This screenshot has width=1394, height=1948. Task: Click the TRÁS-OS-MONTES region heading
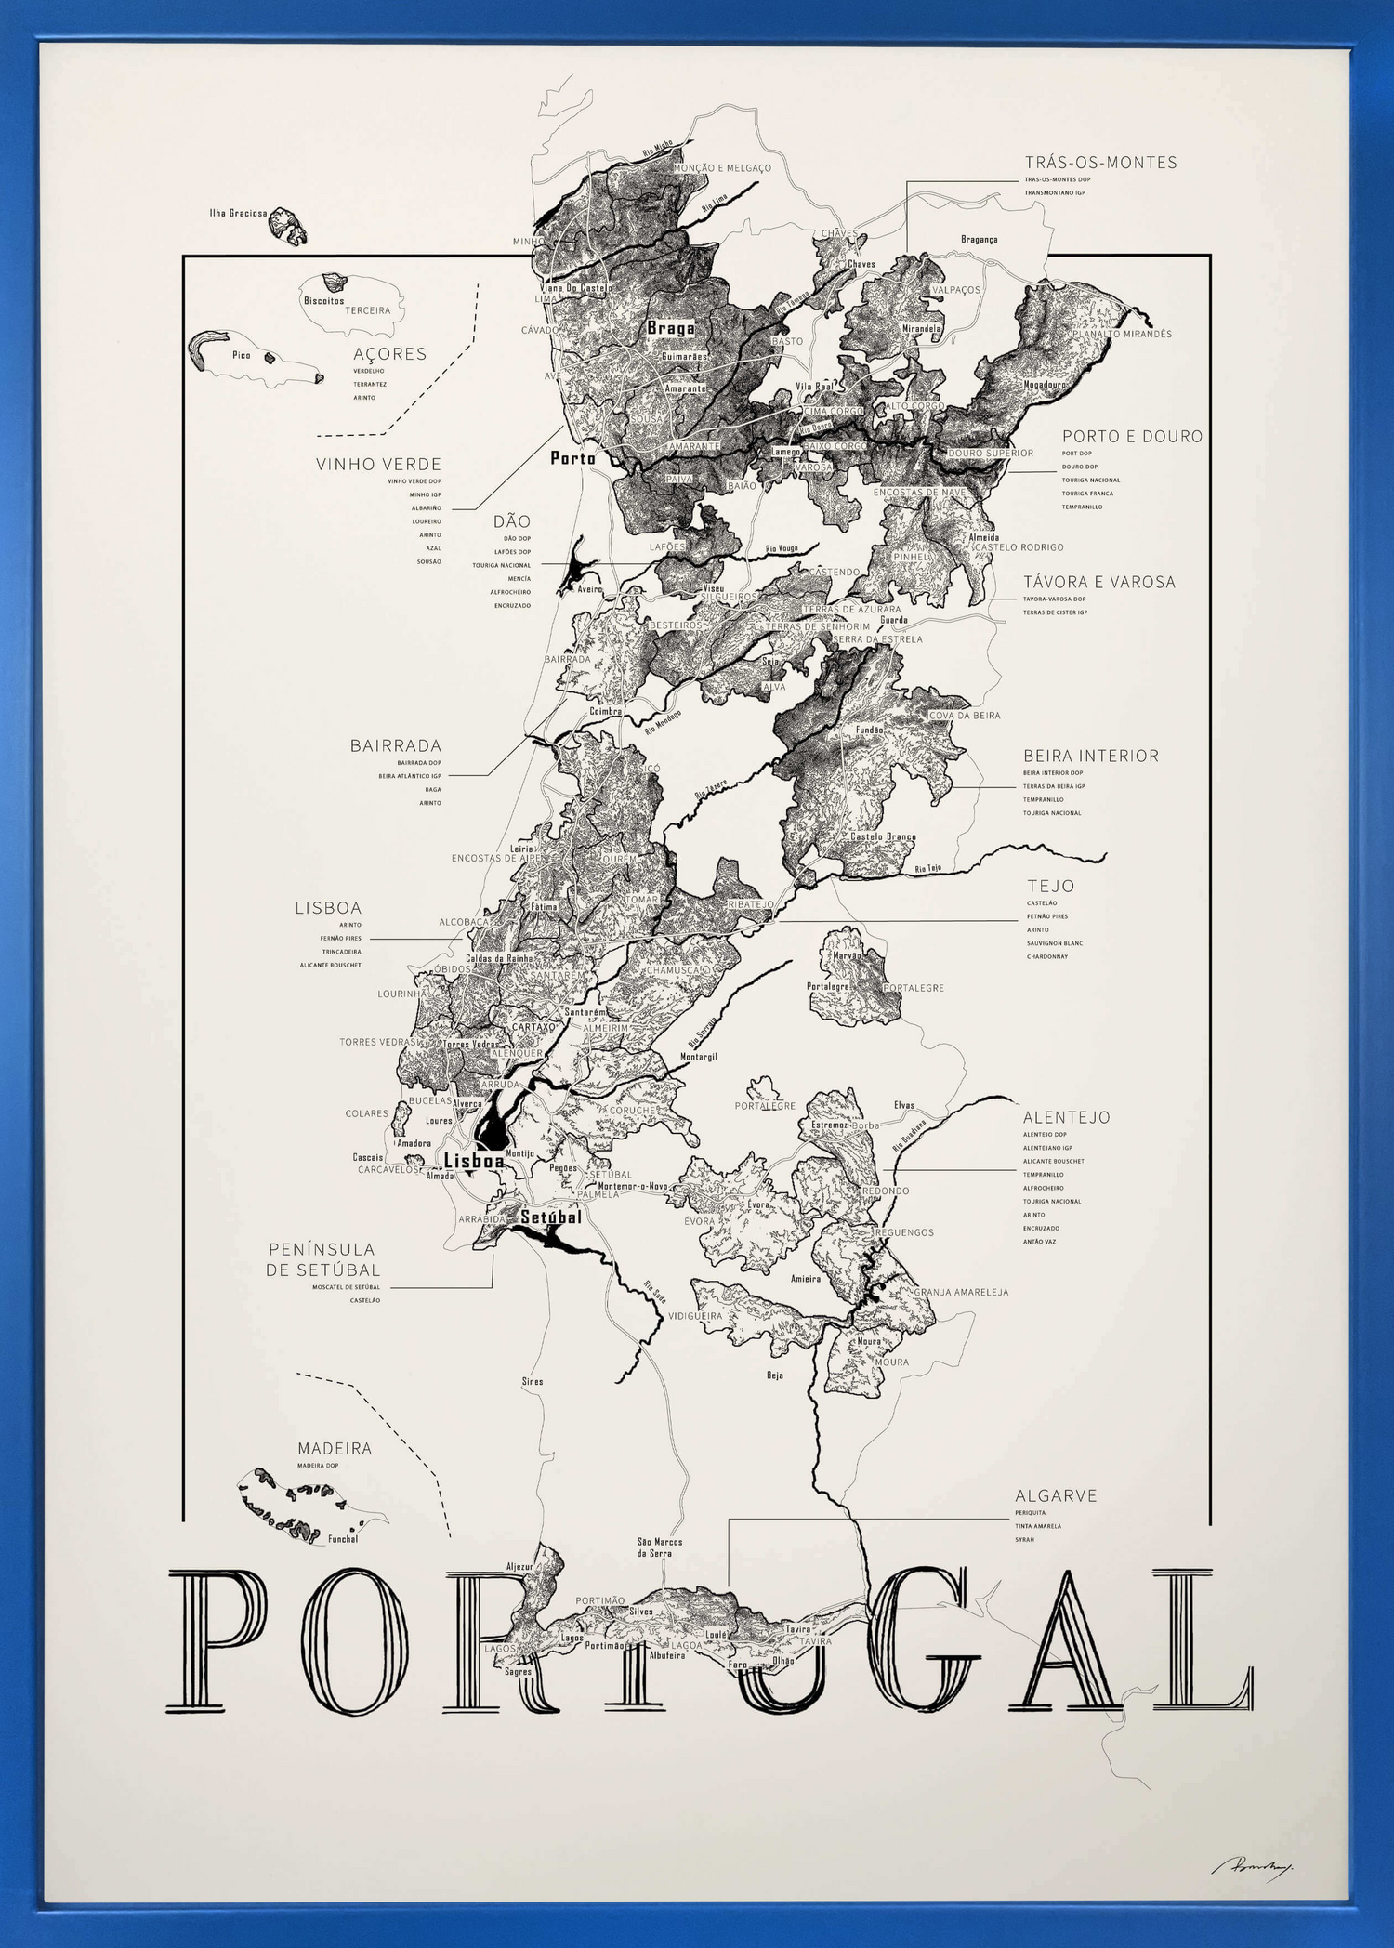point(1100,163)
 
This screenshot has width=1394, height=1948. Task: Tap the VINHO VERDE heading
point(378,464)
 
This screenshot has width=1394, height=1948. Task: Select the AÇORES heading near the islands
point(389,354)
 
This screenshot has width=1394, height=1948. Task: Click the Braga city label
point(670,328)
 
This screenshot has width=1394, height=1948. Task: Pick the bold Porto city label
point(572,457)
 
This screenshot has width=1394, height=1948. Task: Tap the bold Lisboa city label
point(473,1161)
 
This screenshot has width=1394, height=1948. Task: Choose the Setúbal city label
point(550,1217)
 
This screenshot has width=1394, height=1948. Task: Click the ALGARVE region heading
point(1056,1495)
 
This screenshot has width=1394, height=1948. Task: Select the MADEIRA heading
point(335,1448)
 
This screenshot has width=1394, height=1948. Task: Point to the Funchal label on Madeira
point(342,1538)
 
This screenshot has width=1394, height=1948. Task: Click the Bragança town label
point(979,239)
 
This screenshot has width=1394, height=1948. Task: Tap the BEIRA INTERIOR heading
point(1090,756)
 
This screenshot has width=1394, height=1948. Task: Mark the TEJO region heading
point(1050,887)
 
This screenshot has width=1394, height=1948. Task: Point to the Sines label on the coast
point(532,1381)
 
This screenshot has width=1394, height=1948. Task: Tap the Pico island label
point(241,355)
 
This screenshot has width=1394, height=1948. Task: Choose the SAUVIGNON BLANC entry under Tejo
point(1054,943)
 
